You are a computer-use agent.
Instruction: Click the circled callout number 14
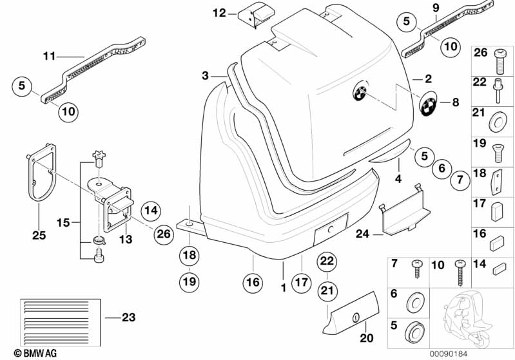(x=150, y=209)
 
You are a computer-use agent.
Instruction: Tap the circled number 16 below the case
(x=253, y=281)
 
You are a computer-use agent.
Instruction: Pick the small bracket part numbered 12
(x=256, y=14)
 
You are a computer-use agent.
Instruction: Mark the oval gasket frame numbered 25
(x=40, y=171)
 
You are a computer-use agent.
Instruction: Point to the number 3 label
(x=205, y=76)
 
